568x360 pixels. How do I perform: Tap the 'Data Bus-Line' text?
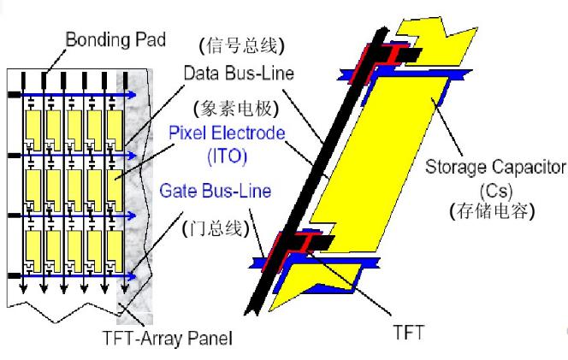click(238, 74)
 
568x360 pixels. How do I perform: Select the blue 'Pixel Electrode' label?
click(226, 134)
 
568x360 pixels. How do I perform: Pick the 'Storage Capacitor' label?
click(495, 164)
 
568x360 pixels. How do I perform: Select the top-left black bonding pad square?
click(13, 94)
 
